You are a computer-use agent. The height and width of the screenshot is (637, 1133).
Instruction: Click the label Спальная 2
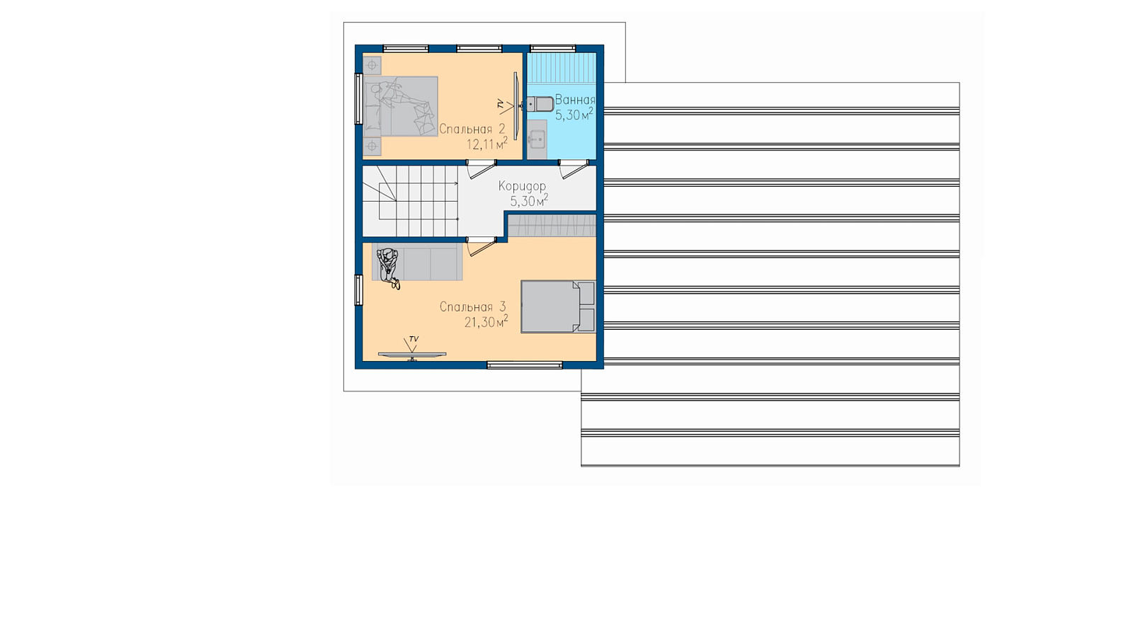(x=472, y=129)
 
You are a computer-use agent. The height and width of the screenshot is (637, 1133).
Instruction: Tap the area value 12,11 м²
(x=486, y=144)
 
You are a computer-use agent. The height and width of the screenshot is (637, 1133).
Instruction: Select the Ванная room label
(x=575, y=99)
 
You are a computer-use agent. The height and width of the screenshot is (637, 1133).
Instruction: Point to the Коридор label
(x=522, y=186)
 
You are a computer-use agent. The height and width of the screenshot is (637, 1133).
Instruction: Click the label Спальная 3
(x=472, y=307)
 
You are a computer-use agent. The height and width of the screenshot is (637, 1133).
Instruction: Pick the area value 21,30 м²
(x=486, y=321)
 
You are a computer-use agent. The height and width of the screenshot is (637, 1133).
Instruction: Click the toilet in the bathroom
(x=540, y=104)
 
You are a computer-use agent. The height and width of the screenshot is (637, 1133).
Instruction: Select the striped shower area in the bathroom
(x=562, y=68)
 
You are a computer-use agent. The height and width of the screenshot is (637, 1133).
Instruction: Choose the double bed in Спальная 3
(x=559, y=307)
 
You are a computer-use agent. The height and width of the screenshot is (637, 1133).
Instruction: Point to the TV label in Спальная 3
(x=414, y=339)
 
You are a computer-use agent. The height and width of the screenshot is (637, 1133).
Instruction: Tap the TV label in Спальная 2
(x=500, y=104)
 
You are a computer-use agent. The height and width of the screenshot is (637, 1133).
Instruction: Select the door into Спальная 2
(x=481, y=169)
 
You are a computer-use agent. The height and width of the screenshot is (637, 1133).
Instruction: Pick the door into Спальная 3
(x=481, y=246)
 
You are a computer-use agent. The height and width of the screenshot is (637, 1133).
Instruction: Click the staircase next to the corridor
(x=410, y=201)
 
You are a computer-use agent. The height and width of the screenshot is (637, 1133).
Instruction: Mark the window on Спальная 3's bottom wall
(x=525, y=365)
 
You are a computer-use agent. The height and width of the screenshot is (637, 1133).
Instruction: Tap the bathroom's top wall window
(x=553, y=49)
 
